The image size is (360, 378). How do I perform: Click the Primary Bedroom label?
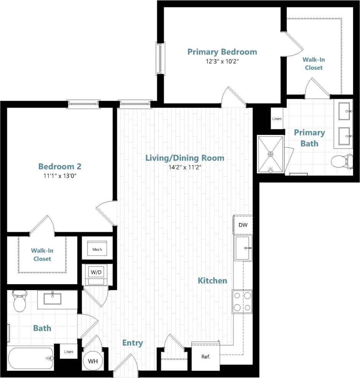point(222,52)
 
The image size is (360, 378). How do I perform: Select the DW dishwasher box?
point(243,225)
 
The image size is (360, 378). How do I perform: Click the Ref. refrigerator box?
point(205,357)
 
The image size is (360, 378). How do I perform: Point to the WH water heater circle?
point(92,361)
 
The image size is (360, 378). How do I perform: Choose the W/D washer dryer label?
point(96,272)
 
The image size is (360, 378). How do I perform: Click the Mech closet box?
point(97,249)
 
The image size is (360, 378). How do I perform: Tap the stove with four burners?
point(242,301)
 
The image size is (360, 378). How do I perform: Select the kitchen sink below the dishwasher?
point(243,248)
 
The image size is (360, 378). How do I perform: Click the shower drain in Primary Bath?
point(271,154)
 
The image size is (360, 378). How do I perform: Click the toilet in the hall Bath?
point(19,301)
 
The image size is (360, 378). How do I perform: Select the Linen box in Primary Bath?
point(277,118)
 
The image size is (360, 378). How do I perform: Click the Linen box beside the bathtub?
point(69,352)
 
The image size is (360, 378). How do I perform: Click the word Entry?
point(132,343)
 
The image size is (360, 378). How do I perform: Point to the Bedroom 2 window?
point(83,103)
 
